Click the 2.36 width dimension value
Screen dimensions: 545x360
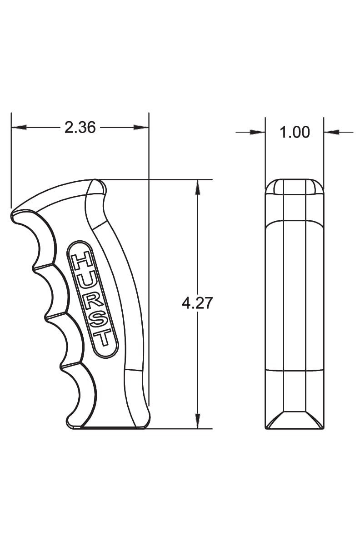tap(80, 128)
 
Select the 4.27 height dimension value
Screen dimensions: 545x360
tap(197, 303)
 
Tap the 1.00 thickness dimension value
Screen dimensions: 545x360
tap(294, 132)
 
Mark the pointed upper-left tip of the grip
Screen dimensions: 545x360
tap(14, 213)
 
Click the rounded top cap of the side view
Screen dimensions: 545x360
tap(294, 187)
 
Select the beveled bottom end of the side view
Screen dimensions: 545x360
tap(294, 421)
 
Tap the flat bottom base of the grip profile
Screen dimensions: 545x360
tap(109, 427)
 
